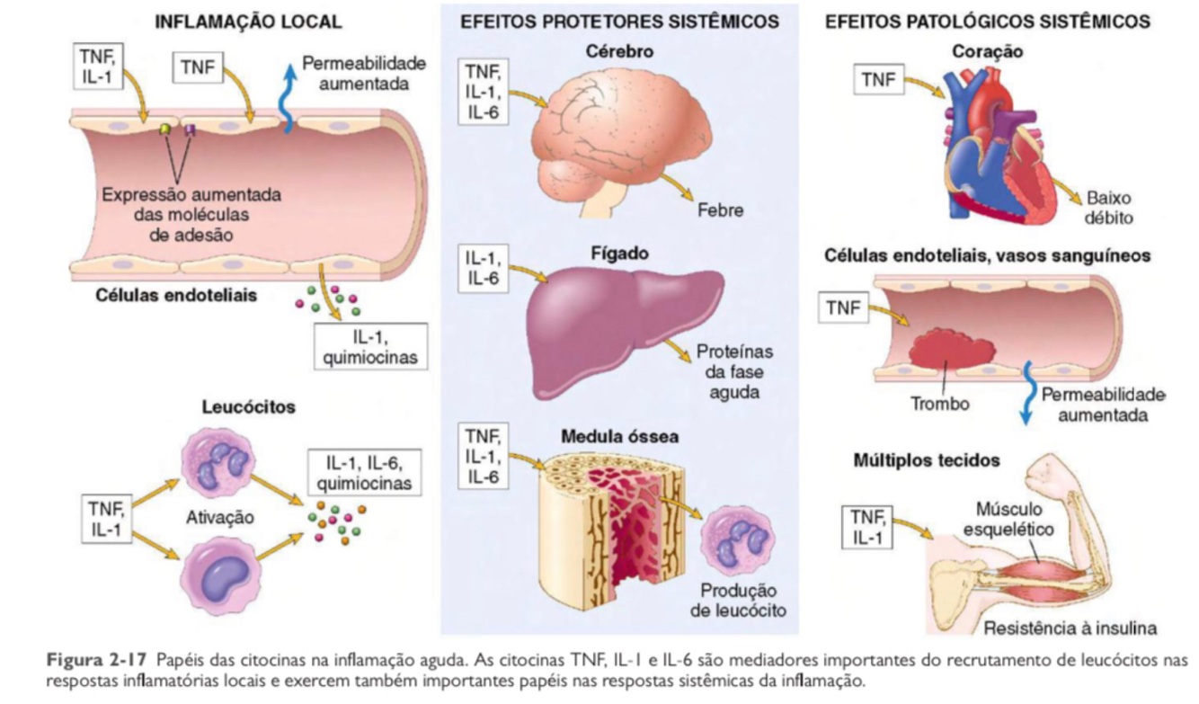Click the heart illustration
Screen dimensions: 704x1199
[x=998, y=148]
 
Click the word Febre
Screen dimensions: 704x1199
[x=720, y=209]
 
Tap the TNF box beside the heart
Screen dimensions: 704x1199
[x=878, y=80]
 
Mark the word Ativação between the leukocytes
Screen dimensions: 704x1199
[x=219, y=519]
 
